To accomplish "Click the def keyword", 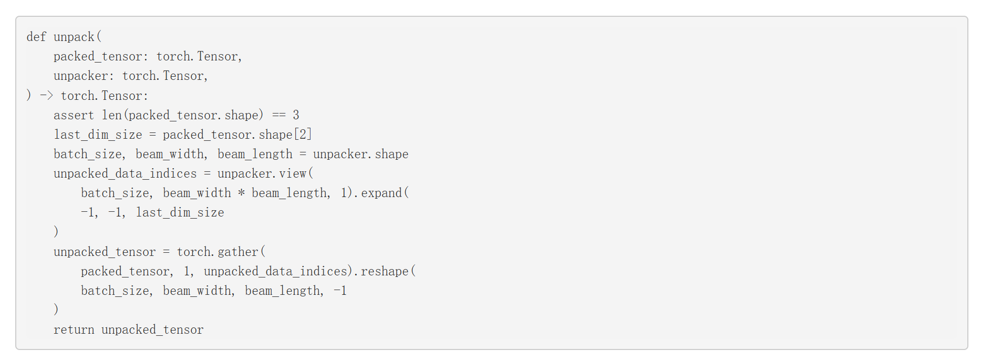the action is point(36,37).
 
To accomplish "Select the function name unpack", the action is point(74,37).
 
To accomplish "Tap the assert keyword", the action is point(74,115).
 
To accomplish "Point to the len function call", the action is point(112,115).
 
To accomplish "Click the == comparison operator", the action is point(279,115).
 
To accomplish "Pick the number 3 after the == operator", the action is point(296,115).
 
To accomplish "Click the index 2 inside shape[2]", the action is point(303,135).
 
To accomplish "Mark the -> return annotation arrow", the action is point(47,96).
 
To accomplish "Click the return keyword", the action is point(74,330).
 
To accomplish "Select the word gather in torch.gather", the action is point(237,252).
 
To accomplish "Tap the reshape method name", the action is point(385,272).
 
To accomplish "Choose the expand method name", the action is point(381,193).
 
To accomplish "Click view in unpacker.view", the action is point(293,173).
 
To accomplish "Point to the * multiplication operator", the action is point(241,193).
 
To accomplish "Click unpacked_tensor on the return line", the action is point(152,330).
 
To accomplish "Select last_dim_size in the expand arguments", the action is point(180,212).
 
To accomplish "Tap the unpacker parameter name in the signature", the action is point(80,76).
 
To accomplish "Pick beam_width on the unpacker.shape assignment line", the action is point(170,154).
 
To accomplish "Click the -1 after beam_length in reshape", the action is point(340,291).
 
